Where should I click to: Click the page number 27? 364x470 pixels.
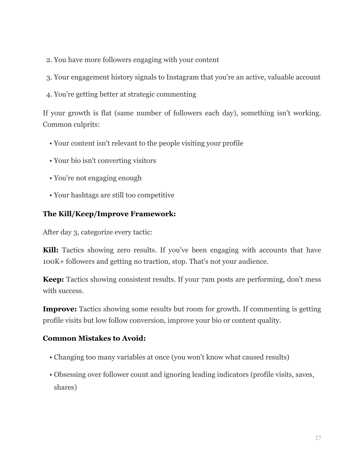click(318, 438)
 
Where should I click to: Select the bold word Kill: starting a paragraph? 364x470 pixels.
click(51, 250)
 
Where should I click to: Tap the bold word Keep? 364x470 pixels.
click(53, 279)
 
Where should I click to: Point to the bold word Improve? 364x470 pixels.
click(60, 309)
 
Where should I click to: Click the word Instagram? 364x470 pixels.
click(182, 77)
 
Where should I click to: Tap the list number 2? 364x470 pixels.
click(49, 60)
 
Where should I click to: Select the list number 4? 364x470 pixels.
click(49, 95)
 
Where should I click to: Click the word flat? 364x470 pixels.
click(106, 113)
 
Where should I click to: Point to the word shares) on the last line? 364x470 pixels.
click(65, 387)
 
